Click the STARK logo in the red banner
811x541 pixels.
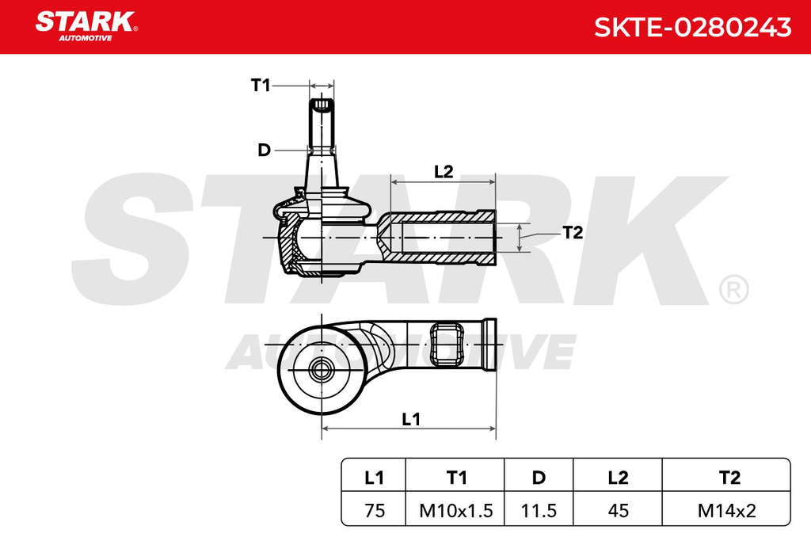click(x=86, y=26)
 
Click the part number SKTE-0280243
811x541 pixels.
click(x=692, y=27)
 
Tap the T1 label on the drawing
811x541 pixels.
click(x=261, y=85)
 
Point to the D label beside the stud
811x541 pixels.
click(x=265, y=150)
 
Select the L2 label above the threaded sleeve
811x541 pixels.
click(x=444, y=171)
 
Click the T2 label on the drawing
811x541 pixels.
click(x=573, y=233)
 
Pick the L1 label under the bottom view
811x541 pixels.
click(x=411, y=419)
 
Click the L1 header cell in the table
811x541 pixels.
click(x=374, y=478)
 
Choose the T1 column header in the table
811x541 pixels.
click(x=456, y=478)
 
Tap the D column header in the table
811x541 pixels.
click(x=539, y=478)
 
